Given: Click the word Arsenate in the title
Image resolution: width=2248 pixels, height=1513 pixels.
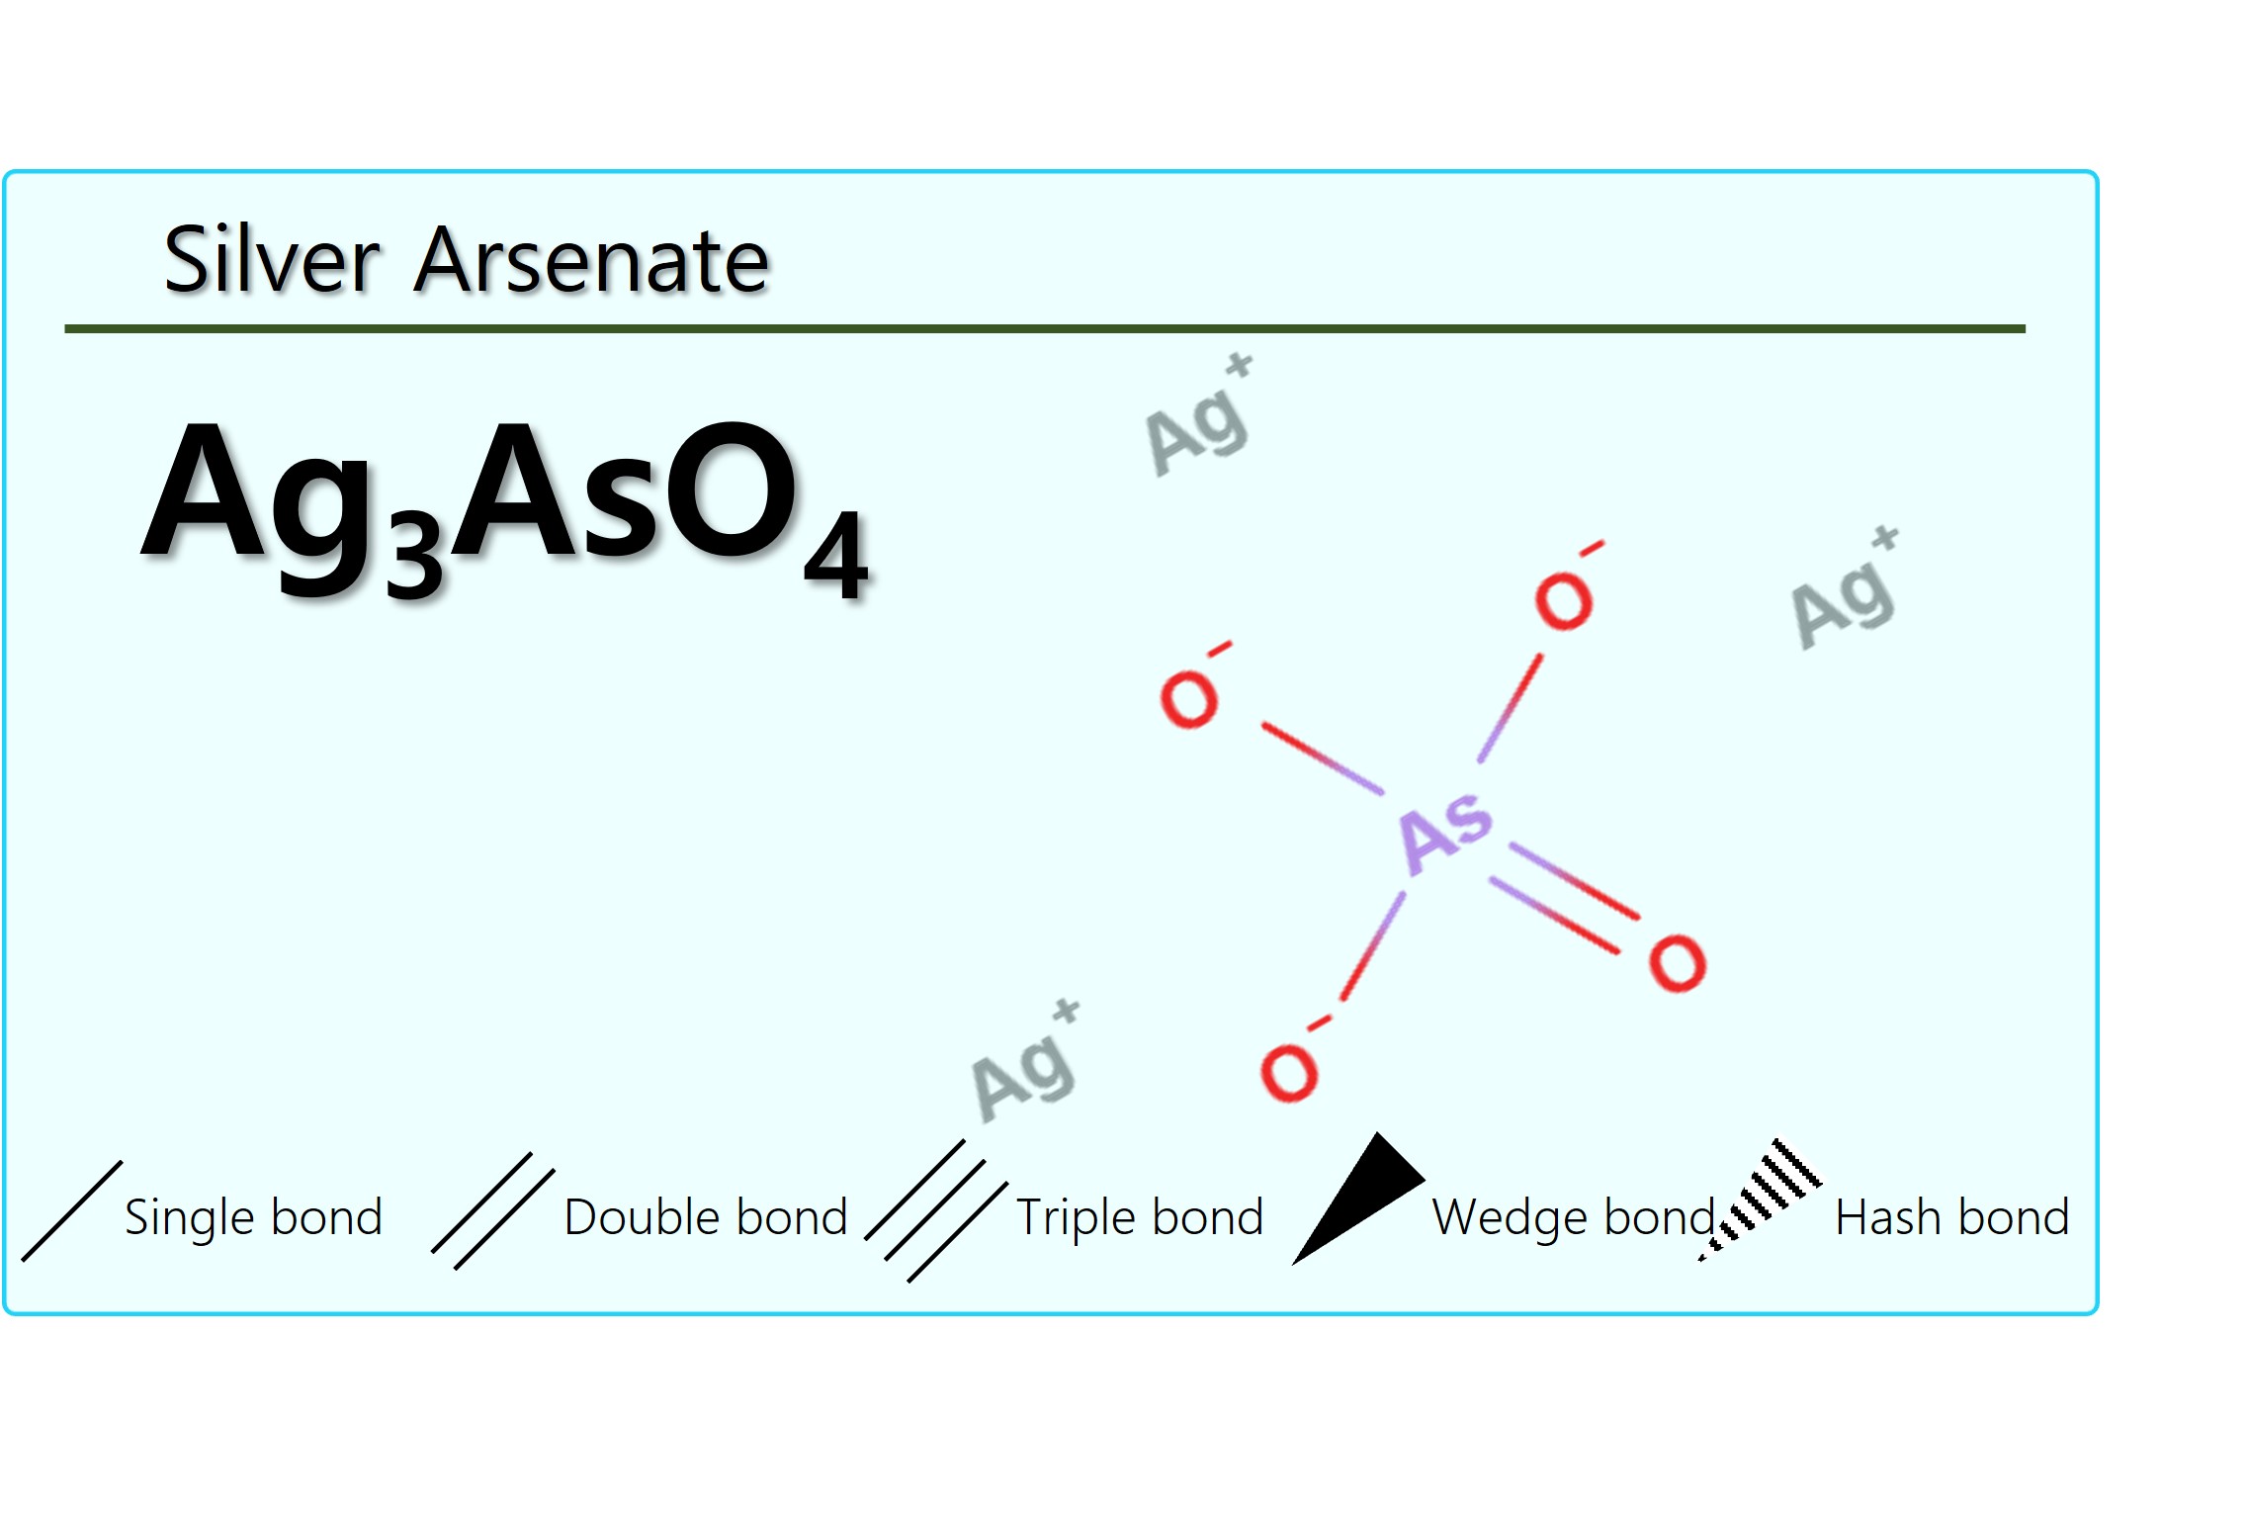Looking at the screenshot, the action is pos(592,260).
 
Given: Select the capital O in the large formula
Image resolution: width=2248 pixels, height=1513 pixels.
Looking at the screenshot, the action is pos(732,490).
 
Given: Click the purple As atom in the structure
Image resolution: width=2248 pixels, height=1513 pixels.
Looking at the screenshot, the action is pos(1446,833).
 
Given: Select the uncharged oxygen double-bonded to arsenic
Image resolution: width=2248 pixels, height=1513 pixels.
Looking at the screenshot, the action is pos(1678,962).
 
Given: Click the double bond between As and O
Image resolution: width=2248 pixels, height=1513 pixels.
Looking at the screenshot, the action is pos(1564,898).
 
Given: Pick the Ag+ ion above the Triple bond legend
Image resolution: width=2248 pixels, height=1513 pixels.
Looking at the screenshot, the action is pos(1025,1061).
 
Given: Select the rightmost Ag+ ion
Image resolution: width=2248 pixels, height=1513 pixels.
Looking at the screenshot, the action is pos(1845,588).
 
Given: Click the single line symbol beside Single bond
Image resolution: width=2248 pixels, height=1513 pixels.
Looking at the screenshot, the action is pos(72,1211).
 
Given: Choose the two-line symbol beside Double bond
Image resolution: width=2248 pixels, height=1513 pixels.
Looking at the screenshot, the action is pos(493,1211).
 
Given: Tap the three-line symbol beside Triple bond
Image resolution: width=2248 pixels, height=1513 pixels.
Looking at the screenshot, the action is pos(936,1211).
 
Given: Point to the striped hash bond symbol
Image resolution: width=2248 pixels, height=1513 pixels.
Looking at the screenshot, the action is pos(1761,1200).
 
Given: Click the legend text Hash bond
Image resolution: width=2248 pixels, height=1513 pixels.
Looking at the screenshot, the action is pos(1952,1217).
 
